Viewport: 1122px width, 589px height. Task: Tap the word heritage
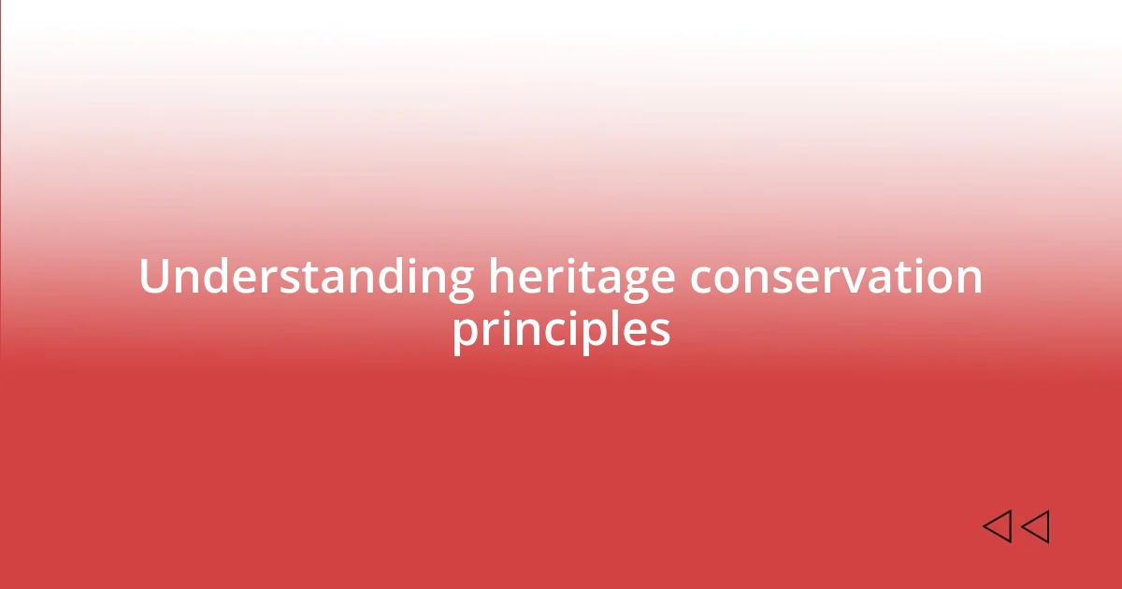tap(582, 278)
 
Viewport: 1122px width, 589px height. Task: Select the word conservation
tap(836, 278)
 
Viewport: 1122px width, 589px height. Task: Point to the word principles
tap(561, 329)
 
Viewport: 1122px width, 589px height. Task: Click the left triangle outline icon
tap(997, 526)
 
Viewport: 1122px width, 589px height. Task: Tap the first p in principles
tap(466, 333)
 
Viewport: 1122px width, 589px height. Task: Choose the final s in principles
tap(660, 331)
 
